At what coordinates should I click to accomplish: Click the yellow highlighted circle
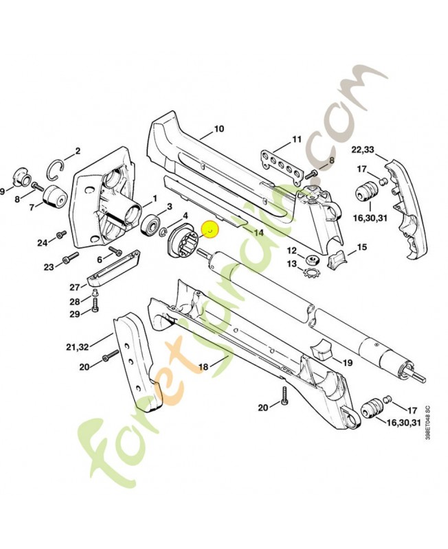(210, 230)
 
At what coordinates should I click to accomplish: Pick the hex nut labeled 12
(311, 260)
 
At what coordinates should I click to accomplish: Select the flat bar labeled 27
(113, 267)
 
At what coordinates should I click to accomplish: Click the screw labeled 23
(71, 257)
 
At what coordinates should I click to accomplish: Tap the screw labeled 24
(61, 234)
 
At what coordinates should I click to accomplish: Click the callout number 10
(219, 129)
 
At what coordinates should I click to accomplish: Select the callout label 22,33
(363, 150)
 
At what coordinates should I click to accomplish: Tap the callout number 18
(203, 366)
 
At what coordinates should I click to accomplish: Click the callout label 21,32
(77, 347)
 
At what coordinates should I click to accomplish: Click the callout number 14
(259, 232)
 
